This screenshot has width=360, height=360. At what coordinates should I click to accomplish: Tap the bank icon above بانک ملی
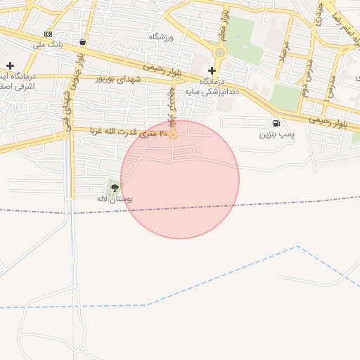coord(48,34)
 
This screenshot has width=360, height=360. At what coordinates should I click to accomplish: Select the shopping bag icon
coord(84,41)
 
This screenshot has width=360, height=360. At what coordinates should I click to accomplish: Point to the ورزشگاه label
coord(161,36)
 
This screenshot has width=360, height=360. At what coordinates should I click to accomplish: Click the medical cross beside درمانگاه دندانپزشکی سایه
coord(212,70)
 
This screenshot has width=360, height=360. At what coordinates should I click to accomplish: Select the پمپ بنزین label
coord(274,134)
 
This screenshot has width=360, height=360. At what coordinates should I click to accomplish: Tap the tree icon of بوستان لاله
coord(115,188)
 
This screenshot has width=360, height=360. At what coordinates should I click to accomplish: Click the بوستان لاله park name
coord(115,200)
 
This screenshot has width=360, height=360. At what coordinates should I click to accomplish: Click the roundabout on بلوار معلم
coord(220,52)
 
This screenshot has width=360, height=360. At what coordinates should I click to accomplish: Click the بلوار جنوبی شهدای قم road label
coord(68,112)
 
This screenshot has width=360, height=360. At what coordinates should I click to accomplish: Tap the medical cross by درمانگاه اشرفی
coord(10,65)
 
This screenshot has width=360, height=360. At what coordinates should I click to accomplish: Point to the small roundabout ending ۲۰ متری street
coord(173,133)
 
